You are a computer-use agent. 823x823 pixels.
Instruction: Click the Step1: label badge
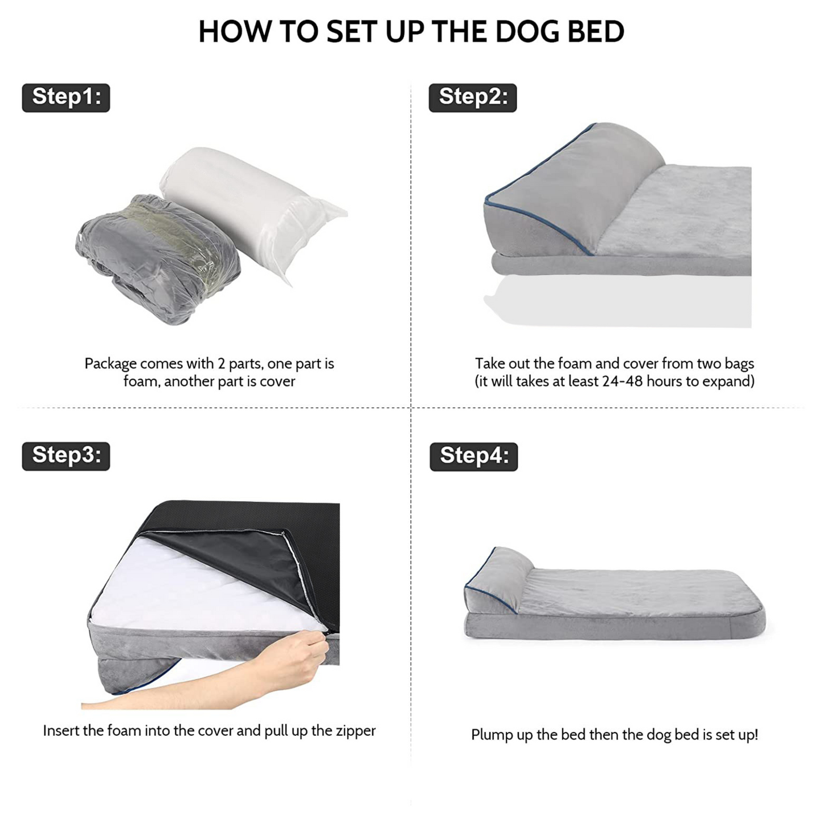65,98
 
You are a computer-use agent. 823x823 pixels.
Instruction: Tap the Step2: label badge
473,98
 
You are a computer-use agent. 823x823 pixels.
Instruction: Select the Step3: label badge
65,457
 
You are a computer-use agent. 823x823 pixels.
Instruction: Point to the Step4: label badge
474,457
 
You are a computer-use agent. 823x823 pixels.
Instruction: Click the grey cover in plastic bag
158,259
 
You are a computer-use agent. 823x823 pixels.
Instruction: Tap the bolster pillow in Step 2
572,188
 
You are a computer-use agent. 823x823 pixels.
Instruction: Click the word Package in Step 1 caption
110,365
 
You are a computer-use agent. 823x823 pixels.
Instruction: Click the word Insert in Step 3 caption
61,731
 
